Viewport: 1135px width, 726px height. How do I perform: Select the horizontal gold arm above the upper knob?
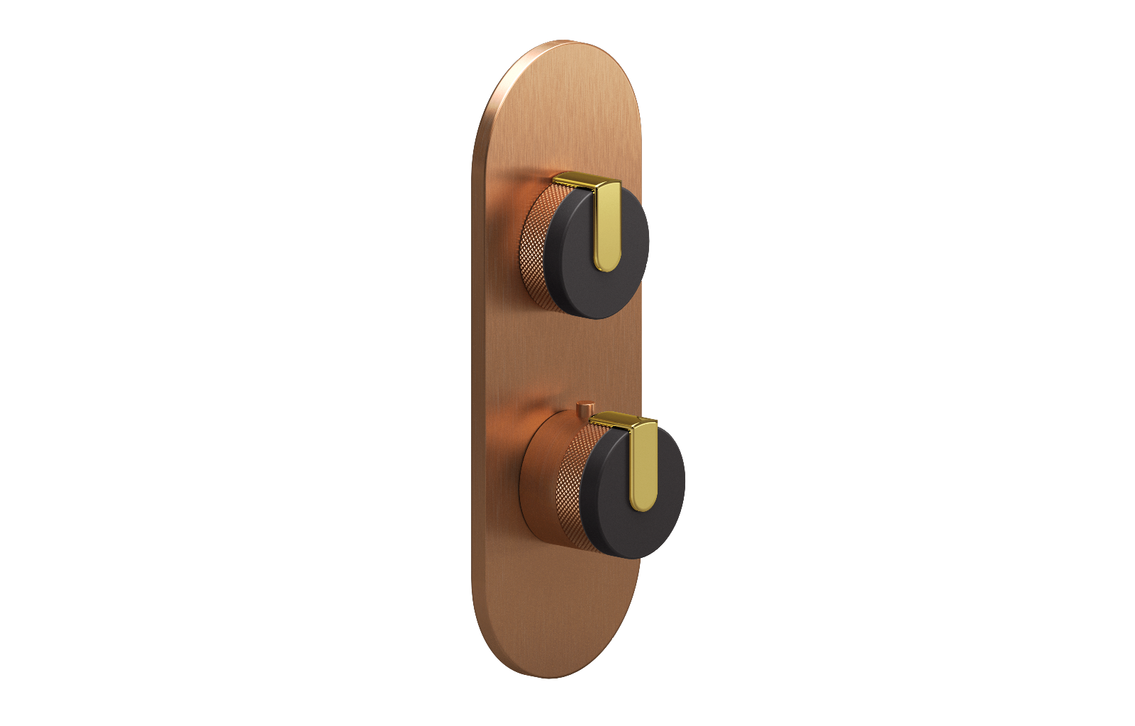tap(575, 180)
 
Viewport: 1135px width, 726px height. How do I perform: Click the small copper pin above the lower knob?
tap(585, 409)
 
